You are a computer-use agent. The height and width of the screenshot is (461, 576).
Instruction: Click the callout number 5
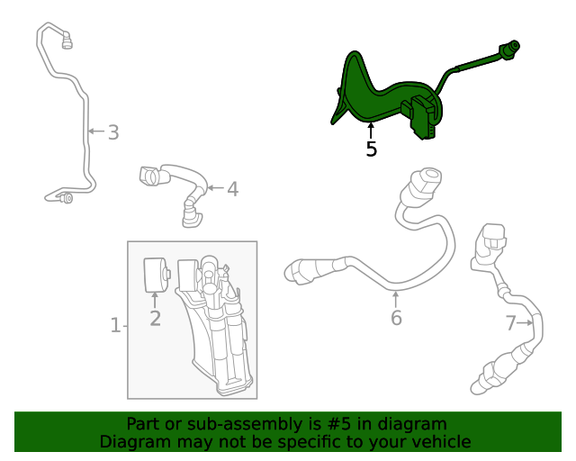372,149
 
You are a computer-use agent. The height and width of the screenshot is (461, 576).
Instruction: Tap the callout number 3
113,133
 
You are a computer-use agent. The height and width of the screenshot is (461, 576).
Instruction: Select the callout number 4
232,189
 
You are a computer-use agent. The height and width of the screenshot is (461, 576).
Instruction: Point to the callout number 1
115,325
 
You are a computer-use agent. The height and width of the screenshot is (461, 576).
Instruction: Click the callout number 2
155,318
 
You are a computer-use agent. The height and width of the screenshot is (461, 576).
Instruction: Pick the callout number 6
396,318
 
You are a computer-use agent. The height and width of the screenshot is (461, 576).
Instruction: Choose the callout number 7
510,323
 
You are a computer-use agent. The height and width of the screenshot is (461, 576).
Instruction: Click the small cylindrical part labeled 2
155,274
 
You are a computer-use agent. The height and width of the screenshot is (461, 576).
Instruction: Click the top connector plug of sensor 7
493,240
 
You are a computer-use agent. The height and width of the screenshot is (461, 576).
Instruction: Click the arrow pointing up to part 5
371,129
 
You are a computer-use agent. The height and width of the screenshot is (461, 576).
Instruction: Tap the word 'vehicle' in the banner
440,441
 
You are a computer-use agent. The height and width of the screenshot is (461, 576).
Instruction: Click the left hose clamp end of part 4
149,176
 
